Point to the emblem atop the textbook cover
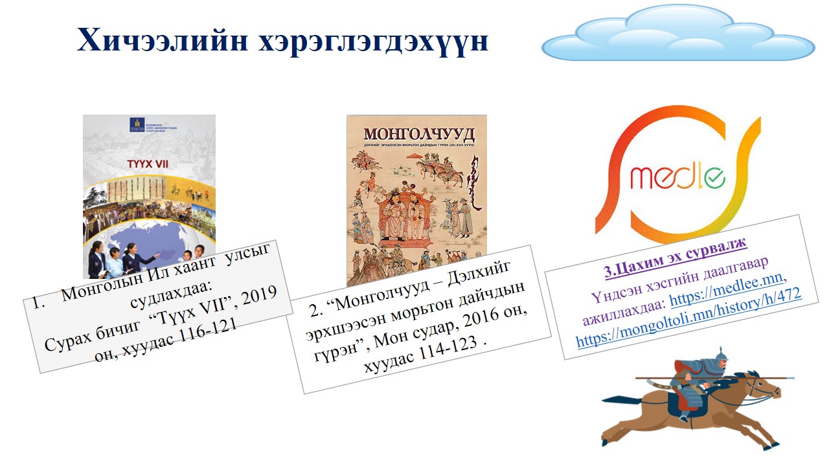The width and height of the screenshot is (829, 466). point(135,124)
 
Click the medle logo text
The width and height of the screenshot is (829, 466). point(677,176)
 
